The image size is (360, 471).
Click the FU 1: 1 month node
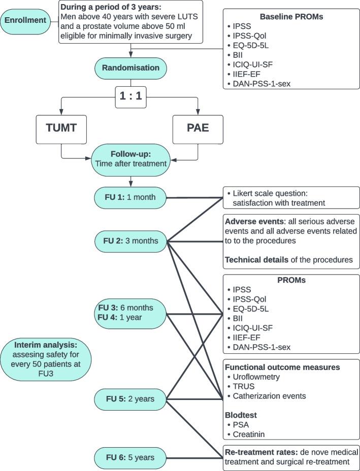point(131,197)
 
